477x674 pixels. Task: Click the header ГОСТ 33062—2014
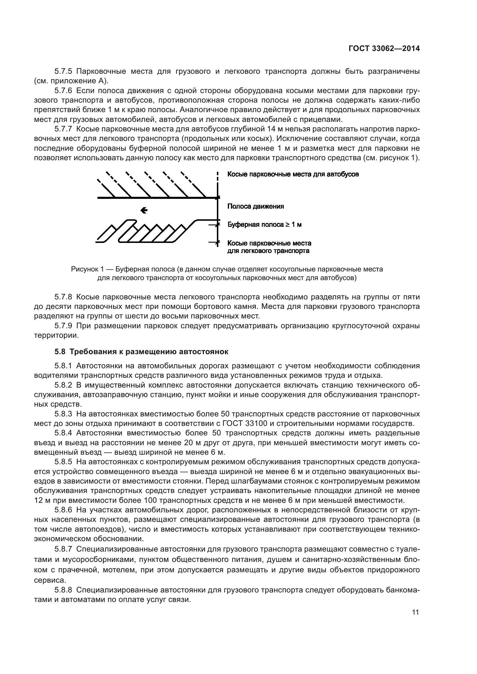click(x=384, y=49)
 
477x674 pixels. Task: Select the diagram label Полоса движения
click(x=256, y=206)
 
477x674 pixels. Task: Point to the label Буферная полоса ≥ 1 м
click(x=265, y=225)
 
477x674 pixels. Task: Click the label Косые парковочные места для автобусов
click(x=293, y=174)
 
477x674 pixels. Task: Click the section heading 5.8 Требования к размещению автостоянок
click(x=141, y=352)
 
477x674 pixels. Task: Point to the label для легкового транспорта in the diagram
click(x=268, y=251)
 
